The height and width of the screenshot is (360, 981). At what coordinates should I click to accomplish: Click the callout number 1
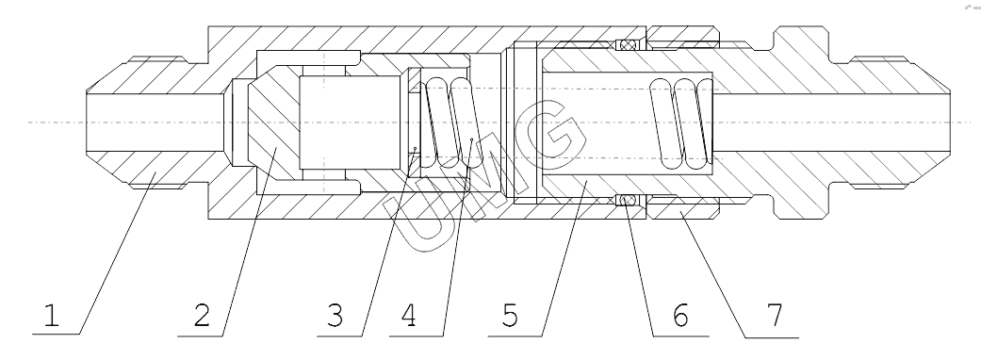click(x=51, y=316)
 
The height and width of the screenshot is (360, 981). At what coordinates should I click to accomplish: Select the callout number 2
click(x=202, y=316)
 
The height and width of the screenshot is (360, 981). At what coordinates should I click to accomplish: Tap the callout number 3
click(x=335, y=316)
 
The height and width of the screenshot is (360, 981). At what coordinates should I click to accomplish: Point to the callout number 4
click(x=408, y=316)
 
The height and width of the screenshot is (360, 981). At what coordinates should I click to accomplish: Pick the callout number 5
click(x=510, y=316)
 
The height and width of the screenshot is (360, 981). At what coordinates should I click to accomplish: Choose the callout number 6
click(x=680, y=316)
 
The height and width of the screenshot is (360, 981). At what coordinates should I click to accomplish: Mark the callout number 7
click(x=775, y=316)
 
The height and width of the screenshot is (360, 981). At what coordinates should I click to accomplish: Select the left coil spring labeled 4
click(x=450, y=123)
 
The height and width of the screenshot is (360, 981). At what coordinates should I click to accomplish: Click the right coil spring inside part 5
click(x=681, y=123)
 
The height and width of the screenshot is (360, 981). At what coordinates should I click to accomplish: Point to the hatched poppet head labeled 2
click(x=274, y=123)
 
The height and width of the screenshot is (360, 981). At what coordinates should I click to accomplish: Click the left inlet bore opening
click(x=88, y=123)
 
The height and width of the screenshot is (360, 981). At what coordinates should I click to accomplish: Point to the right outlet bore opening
click(x=950, y=123)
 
